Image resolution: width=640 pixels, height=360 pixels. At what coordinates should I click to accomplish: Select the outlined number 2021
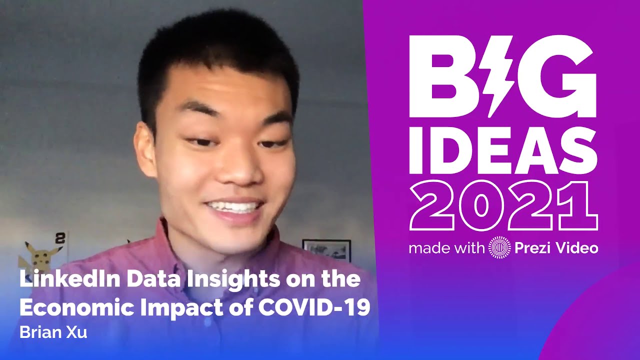pyautogui.click(x=503, y=206)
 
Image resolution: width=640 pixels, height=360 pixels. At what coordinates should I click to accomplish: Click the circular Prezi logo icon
pyautogui.click(x=499, y=247)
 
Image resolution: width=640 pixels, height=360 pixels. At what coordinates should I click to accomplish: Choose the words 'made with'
pyautogui.click(x=446, y=248)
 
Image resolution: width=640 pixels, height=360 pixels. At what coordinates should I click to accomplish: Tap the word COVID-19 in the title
pyautogui.click(x=313, y=307)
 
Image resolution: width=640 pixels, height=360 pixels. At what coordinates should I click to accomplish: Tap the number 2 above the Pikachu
pyautogui.click(x=60, y=238)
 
